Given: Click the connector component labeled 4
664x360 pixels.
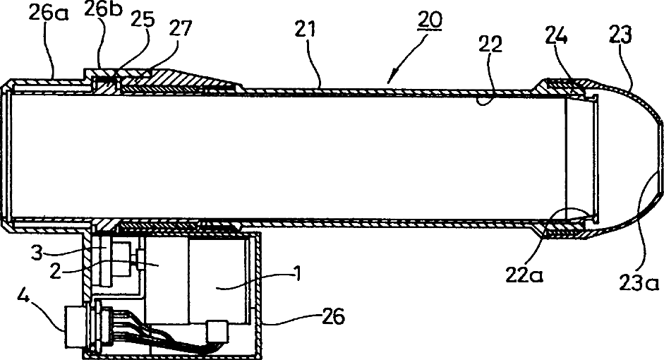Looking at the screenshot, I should pyautogui.click(x=76, y=327).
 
